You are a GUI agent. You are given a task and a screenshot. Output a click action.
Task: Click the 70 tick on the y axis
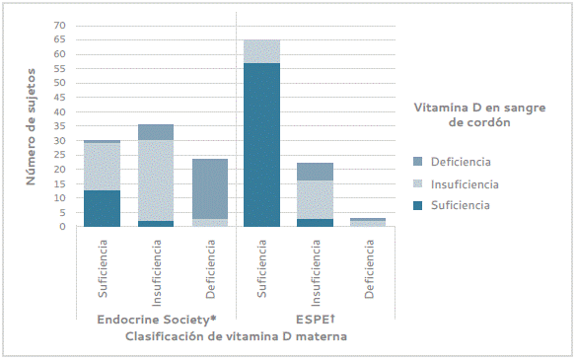tap(59, 26)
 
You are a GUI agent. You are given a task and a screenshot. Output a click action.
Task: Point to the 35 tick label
tap(59, 126)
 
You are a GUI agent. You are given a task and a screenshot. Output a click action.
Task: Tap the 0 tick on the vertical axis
tap(62, 227)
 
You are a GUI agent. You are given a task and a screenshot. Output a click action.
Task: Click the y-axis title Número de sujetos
tap(31, 126)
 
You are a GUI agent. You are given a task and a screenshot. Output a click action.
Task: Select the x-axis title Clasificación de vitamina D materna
tap(236, 336)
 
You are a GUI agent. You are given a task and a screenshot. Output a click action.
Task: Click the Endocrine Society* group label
tap(157, 320)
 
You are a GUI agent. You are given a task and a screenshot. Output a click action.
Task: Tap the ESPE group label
tap(316, 320)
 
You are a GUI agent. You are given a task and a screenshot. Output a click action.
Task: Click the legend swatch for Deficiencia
tap(417, 162)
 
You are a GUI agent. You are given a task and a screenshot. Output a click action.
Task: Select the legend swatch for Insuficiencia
tap(417, 183)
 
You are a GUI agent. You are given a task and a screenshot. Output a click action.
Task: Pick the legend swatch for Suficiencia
tap(417, 205)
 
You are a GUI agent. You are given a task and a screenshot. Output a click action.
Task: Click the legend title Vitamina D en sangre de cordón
tap(479, 114)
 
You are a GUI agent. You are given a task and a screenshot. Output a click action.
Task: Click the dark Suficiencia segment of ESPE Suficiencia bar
tap(262, 145)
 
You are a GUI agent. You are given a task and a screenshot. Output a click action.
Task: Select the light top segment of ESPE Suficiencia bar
tap(262, 51)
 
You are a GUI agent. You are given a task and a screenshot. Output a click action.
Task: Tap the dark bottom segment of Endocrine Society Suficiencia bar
tap(103, 208)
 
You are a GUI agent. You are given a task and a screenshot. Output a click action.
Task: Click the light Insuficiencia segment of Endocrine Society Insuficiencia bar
tap(156, 180)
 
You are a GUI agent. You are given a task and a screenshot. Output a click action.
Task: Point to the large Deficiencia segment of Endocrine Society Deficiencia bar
tap(210, 188)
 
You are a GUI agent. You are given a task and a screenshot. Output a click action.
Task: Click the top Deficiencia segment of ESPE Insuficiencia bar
tap(316, 172)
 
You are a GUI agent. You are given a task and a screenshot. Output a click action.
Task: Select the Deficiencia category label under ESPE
tap(369, 269)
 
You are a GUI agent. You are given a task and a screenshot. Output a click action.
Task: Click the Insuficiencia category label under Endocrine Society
tap(156, 273)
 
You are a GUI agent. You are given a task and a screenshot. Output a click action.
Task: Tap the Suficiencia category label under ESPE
tap(261, 268)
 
